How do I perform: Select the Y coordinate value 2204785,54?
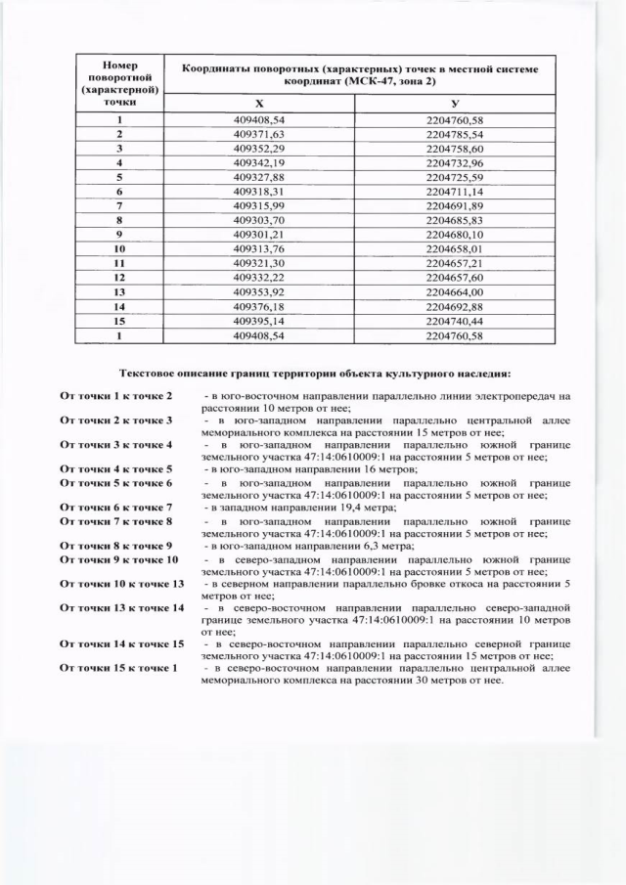(455, 133)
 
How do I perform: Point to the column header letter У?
(455, 103)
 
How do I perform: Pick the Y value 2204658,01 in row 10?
(455, 249)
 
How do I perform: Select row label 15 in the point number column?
(119, 321)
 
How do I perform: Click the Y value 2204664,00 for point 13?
(455, 292)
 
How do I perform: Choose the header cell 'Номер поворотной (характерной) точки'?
(119, 82)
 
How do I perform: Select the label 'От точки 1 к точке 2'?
(116, 395)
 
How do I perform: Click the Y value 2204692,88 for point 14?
(455, 307)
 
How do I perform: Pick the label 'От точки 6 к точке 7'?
(116, 507)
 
